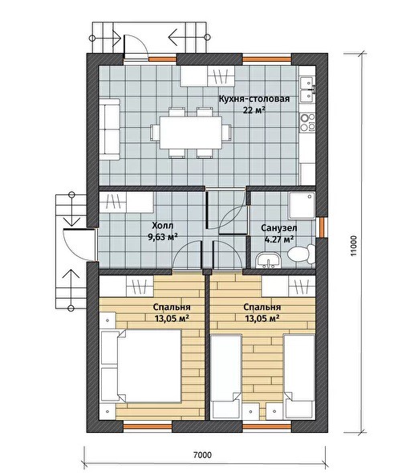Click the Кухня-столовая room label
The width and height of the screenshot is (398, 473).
click(x=254, y=99)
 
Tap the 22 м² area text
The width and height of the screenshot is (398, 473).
click(x=254, y=110)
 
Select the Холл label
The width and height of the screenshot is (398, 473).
click(x=163, y=226)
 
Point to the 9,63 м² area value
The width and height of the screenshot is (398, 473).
click(x=162, y=237)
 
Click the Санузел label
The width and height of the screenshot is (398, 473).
click(x=279, y=228)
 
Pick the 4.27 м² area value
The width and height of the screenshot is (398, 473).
click(x=279, y=239)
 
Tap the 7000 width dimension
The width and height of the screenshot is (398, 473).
click(x=202, y=455)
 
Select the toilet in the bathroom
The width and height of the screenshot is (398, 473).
click(x=301, y=254)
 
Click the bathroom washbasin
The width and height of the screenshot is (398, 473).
click(x=268, y=261)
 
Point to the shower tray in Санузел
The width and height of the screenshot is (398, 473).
click(x=302, y=206)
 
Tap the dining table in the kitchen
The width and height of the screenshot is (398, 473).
click(x=191, y=133)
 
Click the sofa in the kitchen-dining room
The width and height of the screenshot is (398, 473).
click(x=110, y=128)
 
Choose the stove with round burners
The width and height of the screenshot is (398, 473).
click(x=307, y=122)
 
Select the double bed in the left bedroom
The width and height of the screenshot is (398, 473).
click(x=141, y=366)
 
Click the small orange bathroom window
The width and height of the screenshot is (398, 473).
click(x=323, y=226)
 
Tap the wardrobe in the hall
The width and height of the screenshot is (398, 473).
click(x=127, y=202)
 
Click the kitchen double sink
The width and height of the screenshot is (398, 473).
click(x=307, y=88)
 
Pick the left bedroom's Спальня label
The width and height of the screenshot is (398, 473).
click(x=172, y=307)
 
